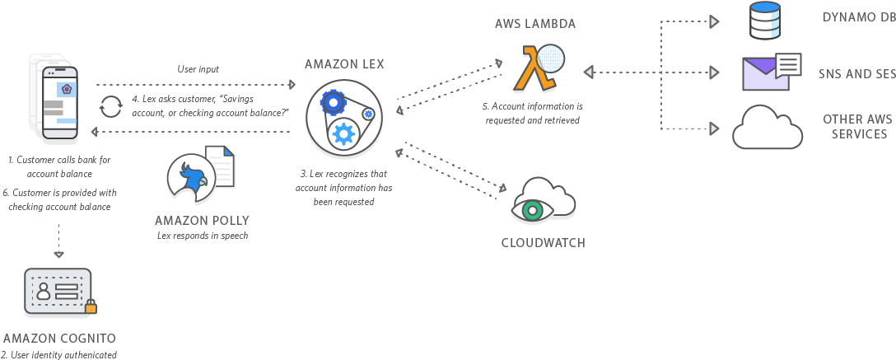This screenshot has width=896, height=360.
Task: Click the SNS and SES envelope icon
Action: pyautogui.click(x=770, y=72)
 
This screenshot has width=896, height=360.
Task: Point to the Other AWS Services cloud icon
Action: pyautogui.click(x=767, y=128)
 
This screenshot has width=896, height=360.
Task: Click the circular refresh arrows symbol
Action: pyautogui.click(x=110, y=107)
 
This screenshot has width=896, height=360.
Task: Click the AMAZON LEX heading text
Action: pyautogui.click(x=343, y=63)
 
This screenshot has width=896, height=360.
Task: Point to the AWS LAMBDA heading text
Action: pyautogui.click(x=534, y=24)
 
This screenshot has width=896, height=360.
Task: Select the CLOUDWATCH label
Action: pyautogui.click(x=543, y=242)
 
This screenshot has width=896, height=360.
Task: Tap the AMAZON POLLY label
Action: pyautogui.click(x=202, y=220)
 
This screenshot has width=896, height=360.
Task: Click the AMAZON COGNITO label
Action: pyautogui.click(x=59, y=339)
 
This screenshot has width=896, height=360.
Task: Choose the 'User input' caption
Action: pyautogui.click(x=198, y=69)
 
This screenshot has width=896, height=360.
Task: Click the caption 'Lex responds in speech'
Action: pyautogui.click(x=202, y=236)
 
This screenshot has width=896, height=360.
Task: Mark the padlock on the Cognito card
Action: pyautogui.click(x=91, y=306)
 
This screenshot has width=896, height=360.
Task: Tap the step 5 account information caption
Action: pyautogui.click(x=533, y=113)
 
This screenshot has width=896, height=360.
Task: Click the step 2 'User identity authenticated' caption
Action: pyautogui.click(x=59, y=354)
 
